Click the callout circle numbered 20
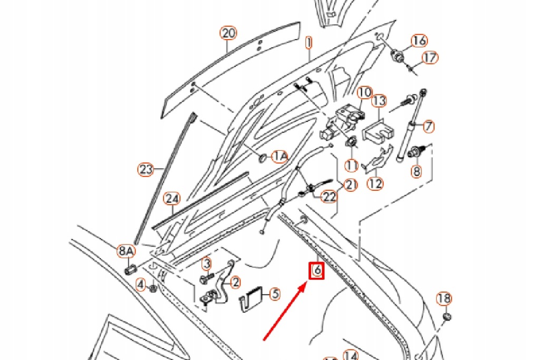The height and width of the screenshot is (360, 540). (x=228, y=34)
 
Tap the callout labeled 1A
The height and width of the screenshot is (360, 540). (x=280, y=156)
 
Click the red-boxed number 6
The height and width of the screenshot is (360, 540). (x=316, y=270)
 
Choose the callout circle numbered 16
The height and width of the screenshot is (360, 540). (x=419, y=41)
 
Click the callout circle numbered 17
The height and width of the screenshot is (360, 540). (x=431, y=57)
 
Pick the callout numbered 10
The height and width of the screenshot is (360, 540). (x=365, y=93)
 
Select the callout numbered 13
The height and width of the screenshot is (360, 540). (x=380, y=100)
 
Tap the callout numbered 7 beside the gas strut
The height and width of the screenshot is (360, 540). (x=429, y=126)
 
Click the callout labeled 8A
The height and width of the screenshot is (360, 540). (x=126, y=251)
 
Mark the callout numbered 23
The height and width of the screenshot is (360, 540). (x=146, y=170)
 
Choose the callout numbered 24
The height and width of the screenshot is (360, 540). (x=171, y=199)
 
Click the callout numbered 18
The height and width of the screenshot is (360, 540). (x=444, y=299)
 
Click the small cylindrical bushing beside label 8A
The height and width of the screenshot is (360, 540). (x=130, y=269)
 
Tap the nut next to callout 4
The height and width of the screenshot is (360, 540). (x=152, y=288)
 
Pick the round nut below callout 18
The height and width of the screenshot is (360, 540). (x=446, y=317)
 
